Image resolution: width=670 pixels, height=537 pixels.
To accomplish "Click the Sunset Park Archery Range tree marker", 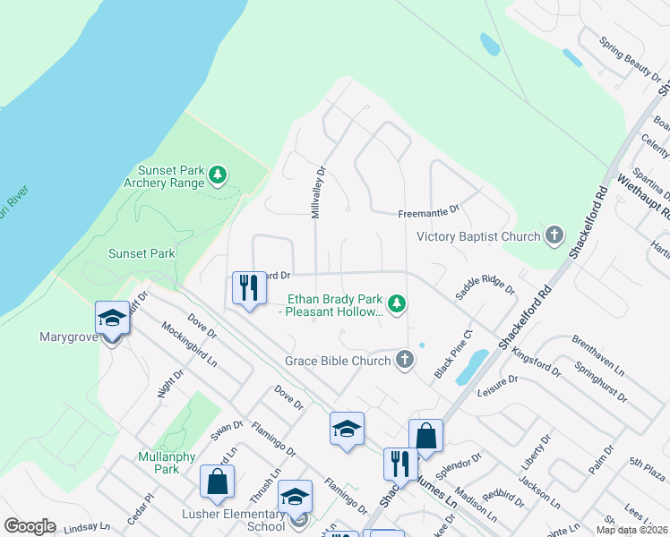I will tap(218, 175).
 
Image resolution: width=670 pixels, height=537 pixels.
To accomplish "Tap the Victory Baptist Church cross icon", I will tap(554, 236).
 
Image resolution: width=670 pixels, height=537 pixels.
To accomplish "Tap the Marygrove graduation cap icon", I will tap(112, 319).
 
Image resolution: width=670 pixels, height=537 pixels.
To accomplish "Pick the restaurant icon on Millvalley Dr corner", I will tap(246, 288).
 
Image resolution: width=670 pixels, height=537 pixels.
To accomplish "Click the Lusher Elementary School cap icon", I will tap(295, 498).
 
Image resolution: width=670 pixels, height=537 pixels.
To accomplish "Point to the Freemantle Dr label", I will tap(428, 212).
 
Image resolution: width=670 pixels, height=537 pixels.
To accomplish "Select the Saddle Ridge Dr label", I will tap(485, 284).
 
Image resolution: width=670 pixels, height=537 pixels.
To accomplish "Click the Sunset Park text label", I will tap(142, 253).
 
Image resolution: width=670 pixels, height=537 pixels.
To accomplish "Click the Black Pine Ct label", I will tap(452, 354).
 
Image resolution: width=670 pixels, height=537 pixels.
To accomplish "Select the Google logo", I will tap(30, 526).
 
